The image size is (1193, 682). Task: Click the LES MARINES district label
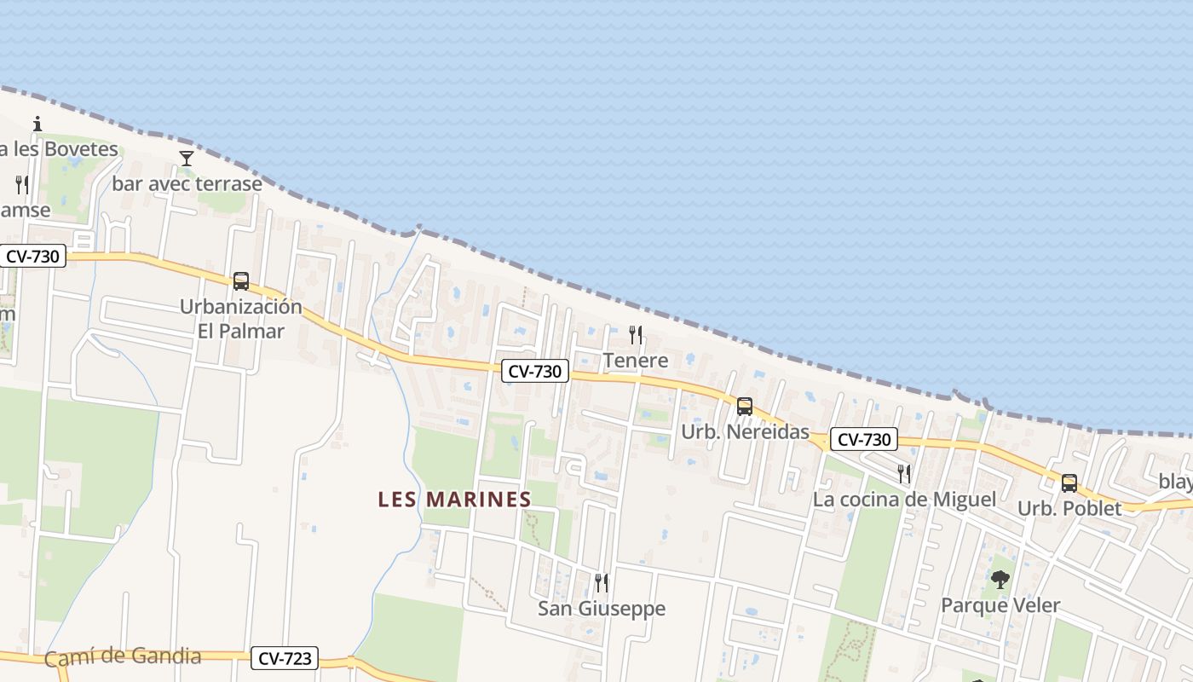pyautogui.click(x=455, y=499)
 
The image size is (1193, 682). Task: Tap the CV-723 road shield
pyautogui.click(x=285, y=658)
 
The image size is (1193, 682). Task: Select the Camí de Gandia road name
pyautogui.click(x=123, y=656)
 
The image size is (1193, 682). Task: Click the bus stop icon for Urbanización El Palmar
pyautogui.click(x=241, y=280)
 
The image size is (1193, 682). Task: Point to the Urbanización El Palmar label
pyautogui.click(x=241, y=319)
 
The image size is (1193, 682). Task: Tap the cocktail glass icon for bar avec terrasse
pyautogui.click(x=187, y=159)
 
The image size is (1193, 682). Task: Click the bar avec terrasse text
pyautogui.click(x=187, y=183)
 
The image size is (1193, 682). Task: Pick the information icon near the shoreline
pyautogui.click(x=37, y=124)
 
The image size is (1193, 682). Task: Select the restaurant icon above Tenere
pyautogui.click(x=635, y=334)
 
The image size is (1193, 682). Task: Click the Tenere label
pyautogui.click(x=636, y=361)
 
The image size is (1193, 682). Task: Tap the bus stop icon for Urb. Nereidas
pyautogui.click(x=745, y=406)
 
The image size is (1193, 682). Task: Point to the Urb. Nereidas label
pyautogui.click(x=745, y=432)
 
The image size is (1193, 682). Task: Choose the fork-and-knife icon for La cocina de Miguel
pyautogui.click(x=904, y=473)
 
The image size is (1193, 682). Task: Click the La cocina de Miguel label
pyautogui.click(x=904, y=500)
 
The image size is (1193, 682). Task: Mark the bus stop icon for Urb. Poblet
pyautogui.click(x=1069, y=483)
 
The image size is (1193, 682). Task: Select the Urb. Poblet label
pyautogui.click(x=1069, y=509)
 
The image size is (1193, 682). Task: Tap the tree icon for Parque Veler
pyautogui.click(x=1000, y=580)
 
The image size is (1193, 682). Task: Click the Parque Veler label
pyautogui.click(x=1000, y=606)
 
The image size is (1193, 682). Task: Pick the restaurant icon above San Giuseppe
pyautogui.click(x=602, y=583)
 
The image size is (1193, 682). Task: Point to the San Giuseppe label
pyautogui.click(x=602, y=609)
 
